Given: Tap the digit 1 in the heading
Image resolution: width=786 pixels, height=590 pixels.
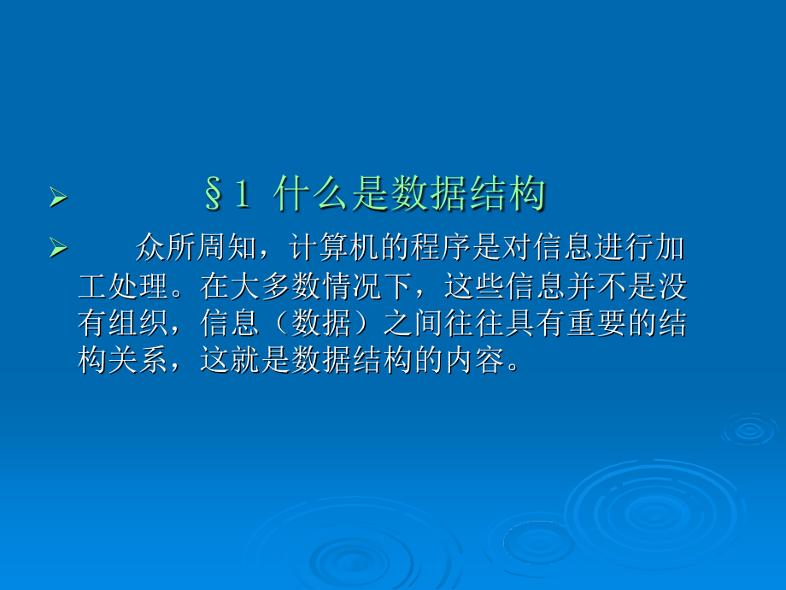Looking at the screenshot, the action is click(x=243, y=194).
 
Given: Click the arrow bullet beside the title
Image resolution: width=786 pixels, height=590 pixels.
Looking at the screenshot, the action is click(x=58, y=198).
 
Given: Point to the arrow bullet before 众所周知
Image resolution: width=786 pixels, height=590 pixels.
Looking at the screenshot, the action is click(x=58, y=248).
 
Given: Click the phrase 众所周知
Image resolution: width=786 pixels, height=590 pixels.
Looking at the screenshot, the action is click(x=196, y=247).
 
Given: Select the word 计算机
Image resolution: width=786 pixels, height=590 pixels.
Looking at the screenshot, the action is click(x=334, y=247).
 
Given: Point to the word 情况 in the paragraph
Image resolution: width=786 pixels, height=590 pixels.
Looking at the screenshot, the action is click(x=352, y=286).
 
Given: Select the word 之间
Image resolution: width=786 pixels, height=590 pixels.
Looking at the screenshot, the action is click(x=414, y=322).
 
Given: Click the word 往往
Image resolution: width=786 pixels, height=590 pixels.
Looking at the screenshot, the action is click(x=475, y=322).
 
